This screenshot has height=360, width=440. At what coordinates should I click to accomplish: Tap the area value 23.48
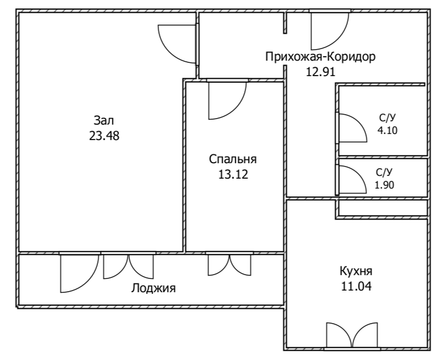click(x=104, y=135)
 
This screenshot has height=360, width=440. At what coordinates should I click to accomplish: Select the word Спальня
click(x=233, y=160)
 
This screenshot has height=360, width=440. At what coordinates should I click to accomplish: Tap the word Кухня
click(x=356, y=271)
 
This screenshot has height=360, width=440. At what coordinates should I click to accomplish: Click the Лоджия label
click(x=153, y=288)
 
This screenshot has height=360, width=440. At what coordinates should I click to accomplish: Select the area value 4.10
click(x=387, y=131)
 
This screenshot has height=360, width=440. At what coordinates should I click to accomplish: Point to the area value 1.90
click(x=385, y=185)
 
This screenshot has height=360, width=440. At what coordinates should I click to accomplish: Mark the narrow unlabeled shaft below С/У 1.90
click(x=382, y=207)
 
